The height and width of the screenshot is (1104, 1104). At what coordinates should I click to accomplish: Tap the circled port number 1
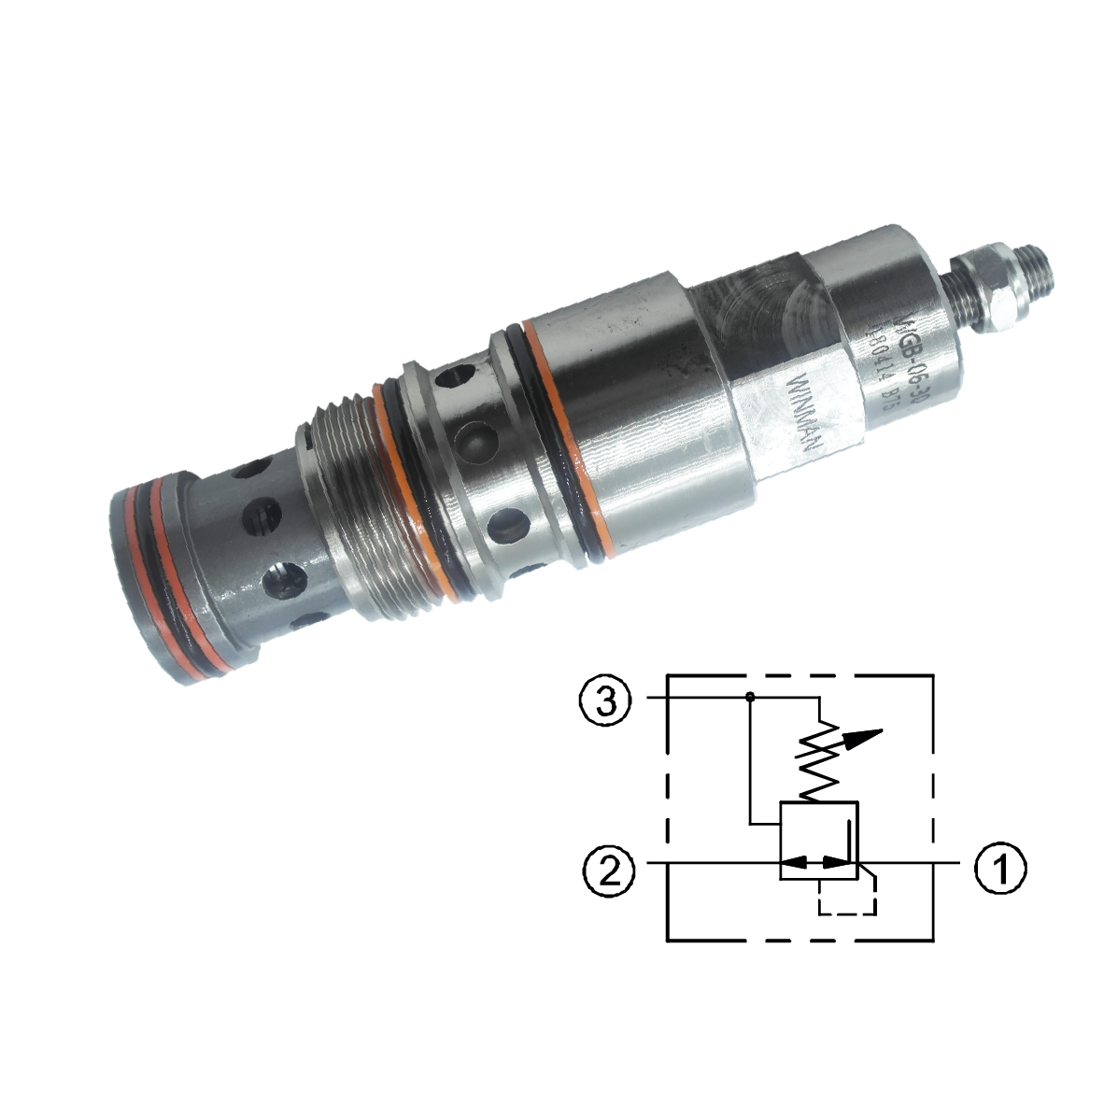click(1000, 868)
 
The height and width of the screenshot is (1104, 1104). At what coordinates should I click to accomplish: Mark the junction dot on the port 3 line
click(750, 696)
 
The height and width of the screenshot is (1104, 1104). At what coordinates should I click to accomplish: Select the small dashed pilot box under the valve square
click(846, 897)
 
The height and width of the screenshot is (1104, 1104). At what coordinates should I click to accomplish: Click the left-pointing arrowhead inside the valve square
click(791, 862)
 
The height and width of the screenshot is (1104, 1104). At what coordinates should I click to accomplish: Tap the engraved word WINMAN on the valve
click(805, 412)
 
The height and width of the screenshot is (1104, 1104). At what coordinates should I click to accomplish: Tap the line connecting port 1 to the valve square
click(911, 862)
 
